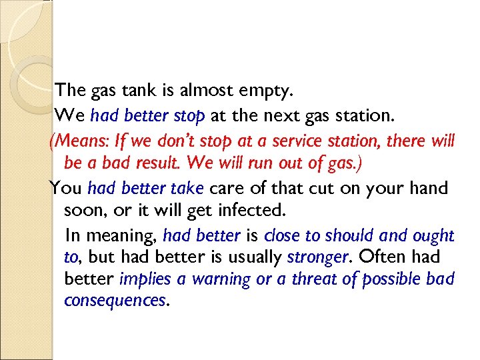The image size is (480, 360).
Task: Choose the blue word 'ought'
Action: pyautogui.click(x=434, y=235)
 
